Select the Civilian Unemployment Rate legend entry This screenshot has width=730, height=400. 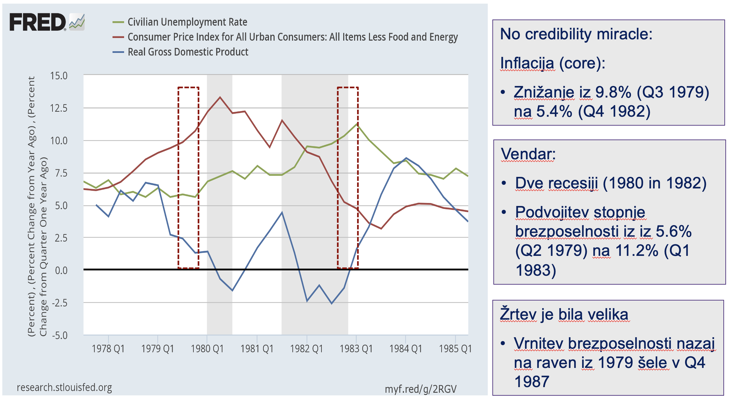click(187, 22)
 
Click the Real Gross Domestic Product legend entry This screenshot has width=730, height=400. click(188, 52)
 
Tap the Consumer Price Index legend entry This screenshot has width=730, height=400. click(292, 37)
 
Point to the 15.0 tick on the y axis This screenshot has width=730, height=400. click(59, 76)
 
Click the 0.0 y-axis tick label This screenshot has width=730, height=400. click(61, 270)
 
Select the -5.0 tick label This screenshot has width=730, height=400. click(59, 336)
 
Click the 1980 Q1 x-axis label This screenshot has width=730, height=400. click(207, 349)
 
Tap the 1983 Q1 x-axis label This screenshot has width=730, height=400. click(356, 349)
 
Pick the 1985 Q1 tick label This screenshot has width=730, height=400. click(455, 349)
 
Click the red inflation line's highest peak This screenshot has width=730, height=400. click(220, 97)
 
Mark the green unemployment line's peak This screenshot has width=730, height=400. click(357, 124)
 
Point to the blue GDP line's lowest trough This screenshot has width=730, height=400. click(332, 303)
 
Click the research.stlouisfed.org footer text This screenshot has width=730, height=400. click(64, 387)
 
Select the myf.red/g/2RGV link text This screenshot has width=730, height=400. click(420, 389)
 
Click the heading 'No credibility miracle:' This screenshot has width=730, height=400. click(576, 34)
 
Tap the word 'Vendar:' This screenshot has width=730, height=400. click(528, 154)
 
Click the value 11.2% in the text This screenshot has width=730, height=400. click(637, 251)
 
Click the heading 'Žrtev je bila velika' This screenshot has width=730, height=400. click(564, 314)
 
